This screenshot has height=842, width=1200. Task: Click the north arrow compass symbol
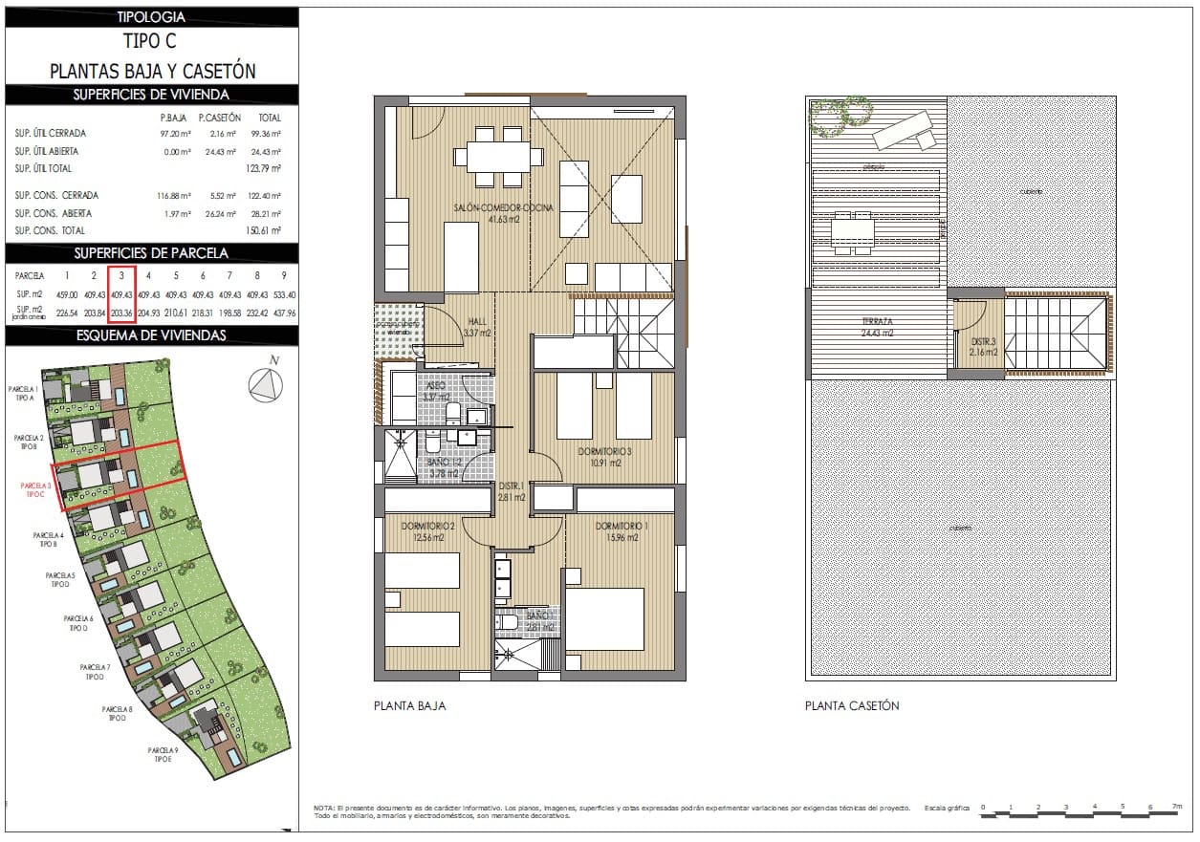click(267, 383)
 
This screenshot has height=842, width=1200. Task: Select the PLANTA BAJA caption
click(409, 706)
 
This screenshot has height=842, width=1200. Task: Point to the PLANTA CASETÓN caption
click(852, 706)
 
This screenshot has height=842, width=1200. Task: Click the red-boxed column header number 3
click(121, 275)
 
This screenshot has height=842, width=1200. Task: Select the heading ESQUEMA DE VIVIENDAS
click(151, 335)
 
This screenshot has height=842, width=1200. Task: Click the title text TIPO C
click(150, 42)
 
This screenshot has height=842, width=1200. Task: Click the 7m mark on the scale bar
click(1176, 808)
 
